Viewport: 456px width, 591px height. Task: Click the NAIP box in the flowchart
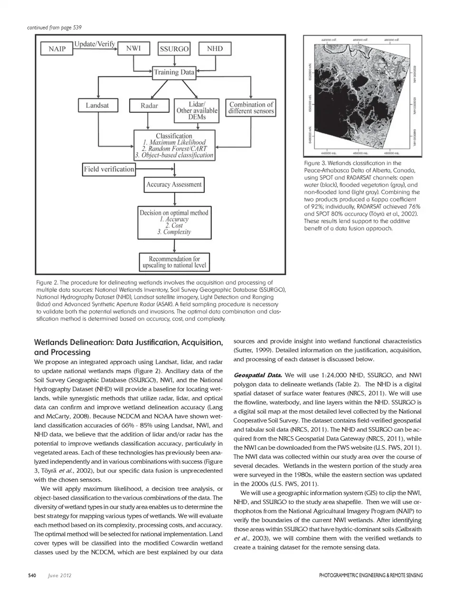pos(57,49)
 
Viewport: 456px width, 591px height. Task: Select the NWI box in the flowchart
pos(137,48)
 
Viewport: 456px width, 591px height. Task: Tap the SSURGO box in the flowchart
pos(174,49)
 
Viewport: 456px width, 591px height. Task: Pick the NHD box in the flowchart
pos(215,48)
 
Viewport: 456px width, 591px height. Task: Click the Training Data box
pos(174,72)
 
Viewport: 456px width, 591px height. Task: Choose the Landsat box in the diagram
pos(97,105)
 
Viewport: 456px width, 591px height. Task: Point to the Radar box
pos(149,105)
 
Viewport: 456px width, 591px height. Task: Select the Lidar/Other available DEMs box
pos(197,110)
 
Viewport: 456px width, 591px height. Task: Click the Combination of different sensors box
pos(251,108)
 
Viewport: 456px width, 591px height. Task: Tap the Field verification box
pos(109,169)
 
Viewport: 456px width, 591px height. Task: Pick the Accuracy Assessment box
pos(174,185)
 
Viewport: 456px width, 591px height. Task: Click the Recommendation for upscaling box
pos(174,262)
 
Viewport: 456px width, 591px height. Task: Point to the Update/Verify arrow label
pos(95,44)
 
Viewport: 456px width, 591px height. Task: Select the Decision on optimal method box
pos(174,222)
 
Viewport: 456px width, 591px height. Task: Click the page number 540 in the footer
pos(32,575)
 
